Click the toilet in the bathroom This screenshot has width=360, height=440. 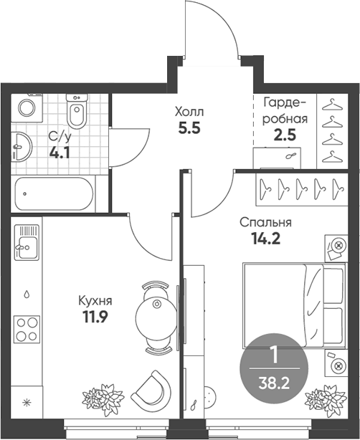(x=77, y=111)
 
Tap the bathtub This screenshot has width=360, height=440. (x=54, y=193)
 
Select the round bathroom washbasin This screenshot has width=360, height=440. (x=22, y=146)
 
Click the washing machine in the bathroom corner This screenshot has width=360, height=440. (x=27, y=108)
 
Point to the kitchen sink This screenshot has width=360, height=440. (x=27, y=242)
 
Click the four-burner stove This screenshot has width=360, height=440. (x=27, y=329)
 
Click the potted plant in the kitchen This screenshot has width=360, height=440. (x=103, y=398)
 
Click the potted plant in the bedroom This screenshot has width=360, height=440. (x=326, y=398)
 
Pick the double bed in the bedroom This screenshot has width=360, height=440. (x=294, y=305)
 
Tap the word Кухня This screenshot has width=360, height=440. (x=95, y=301)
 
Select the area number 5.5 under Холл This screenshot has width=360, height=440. (x=189, y=128)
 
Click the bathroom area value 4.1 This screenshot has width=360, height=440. (x=60, y=153)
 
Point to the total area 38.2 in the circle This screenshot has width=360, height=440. (x=274, y=383)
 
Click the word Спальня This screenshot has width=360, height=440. (x=265, y=223)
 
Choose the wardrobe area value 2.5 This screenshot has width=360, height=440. (x=285, y=135)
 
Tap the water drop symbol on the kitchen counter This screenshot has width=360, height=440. (x=27, y=294)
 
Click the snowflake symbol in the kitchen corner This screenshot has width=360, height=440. (x=27, y=403)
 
